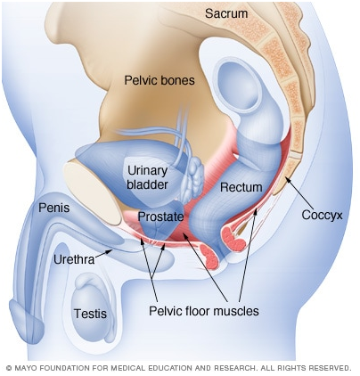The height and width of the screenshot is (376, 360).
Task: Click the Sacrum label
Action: click(226, 13)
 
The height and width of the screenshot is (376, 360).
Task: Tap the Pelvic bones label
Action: click(160, 80)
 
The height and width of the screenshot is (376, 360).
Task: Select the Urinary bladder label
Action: click(147, 177)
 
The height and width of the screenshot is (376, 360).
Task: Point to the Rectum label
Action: click(241, 187)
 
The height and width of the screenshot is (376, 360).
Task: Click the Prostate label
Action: click(160, 217)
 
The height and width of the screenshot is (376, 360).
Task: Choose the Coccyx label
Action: click(322, 216)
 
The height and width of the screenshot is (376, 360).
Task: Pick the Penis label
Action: click(54, 208)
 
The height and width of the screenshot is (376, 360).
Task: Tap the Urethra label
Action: click(74, 259)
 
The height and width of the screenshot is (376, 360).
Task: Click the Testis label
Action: click(90, 314)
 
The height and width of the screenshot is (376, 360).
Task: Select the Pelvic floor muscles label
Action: click(204, 311)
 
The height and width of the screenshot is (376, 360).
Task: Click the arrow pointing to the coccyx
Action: click(299, 192)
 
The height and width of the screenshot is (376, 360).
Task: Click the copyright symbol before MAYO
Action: click(9, 368)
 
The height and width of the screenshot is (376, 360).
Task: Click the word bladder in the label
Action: click(147, 184)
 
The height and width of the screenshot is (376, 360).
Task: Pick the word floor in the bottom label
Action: click(198, 311)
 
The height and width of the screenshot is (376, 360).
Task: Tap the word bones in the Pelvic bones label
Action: click(178, 80)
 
